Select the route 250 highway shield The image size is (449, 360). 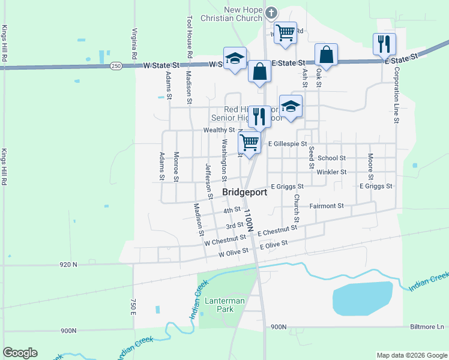coord(116,65)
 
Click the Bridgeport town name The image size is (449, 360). coord(245,192)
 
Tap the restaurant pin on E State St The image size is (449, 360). coord(384,44)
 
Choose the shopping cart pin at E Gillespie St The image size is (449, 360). coord(250,143)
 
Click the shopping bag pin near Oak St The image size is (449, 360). coord(326,55)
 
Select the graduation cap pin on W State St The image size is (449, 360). coord(235,58)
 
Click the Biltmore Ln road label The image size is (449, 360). coord(427,327)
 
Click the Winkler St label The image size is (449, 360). coord(331,172)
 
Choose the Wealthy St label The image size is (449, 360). coord(219,130)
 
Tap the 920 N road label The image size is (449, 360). coord(68,264)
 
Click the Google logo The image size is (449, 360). coord(20,353)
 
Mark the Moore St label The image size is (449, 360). coord(370,167)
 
